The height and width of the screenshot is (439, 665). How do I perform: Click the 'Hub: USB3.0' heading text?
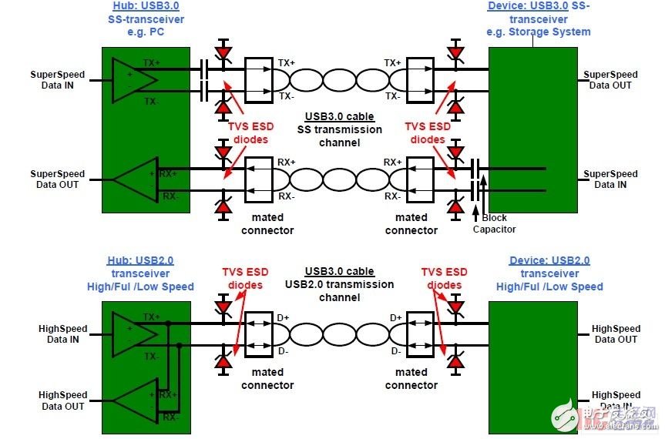point(145,7)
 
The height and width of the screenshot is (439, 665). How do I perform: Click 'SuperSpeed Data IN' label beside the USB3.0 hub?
point(58,79)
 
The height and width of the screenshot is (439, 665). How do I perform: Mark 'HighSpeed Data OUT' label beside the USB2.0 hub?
point(62,400)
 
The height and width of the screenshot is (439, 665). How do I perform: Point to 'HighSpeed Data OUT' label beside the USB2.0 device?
point(616,333)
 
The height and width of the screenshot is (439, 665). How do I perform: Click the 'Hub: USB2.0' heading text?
point(145,261)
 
